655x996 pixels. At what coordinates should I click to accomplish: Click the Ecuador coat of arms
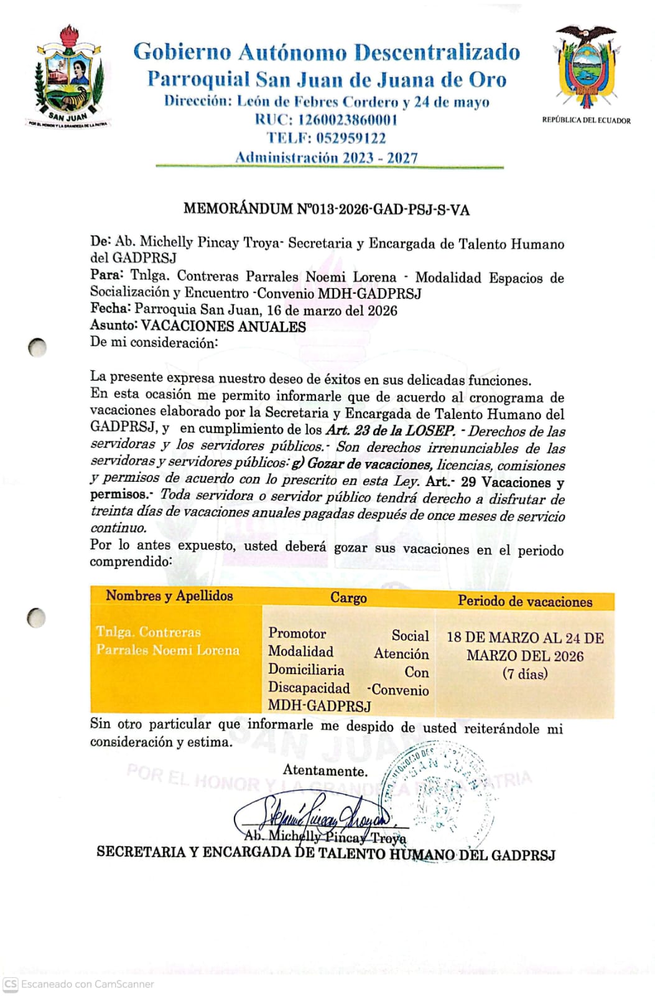(x=587, y=67)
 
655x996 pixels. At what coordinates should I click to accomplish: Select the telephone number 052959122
(x=351, y=138)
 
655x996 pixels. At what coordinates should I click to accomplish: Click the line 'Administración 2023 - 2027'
(x=326, y=157)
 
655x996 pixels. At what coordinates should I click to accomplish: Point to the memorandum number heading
(x=326, y=209)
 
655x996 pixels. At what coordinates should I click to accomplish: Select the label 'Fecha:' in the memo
(x=110, y=309)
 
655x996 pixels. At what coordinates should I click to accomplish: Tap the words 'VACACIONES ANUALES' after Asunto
(x=223, y=326)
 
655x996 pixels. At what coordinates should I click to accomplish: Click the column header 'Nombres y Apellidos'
(x=169, y=596)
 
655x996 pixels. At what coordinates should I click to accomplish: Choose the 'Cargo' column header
(x=348, y=598)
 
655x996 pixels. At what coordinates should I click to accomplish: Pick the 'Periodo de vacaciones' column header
(x=525, y=601)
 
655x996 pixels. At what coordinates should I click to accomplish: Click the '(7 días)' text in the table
(x=525, y=674)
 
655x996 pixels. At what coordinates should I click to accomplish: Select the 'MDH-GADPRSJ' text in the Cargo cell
(x=320, y=706)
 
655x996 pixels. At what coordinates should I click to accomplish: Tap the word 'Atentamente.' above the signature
(x=325, y=771)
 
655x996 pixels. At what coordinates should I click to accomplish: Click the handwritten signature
(x=311, y=813)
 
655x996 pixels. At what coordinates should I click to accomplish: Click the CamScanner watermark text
(x=87, y=984)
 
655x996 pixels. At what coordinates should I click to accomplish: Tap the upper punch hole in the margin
(x=37, y=347)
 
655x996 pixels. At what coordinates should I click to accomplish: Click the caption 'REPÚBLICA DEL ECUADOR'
(x=586, y=120)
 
